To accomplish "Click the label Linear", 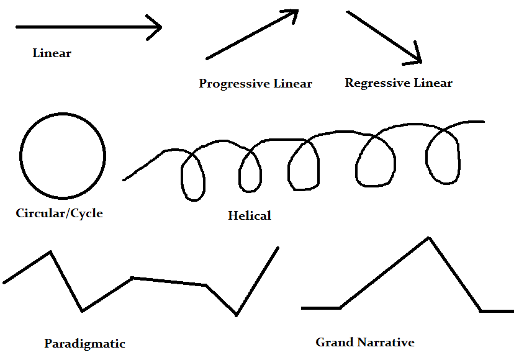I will click(x=52, y=53).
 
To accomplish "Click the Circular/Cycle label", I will click(x=59, y=214).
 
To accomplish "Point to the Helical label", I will click(x=250, y=216).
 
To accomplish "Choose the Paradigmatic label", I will click(x=84, y=343).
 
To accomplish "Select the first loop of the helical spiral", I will click(x=192, y=174).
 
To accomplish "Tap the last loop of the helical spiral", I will click(x=442, y=158).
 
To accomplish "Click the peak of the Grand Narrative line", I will click(x=428, y=238).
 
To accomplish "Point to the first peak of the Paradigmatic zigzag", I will click(x=50, y=252).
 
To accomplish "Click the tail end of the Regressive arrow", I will click(x=347, y=12).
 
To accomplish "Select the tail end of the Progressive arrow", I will click(x=207, y=58).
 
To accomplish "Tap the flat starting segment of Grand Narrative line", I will click(x=320, y=307).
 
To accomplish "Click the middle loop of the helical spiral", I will click(x=304, y=164).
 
